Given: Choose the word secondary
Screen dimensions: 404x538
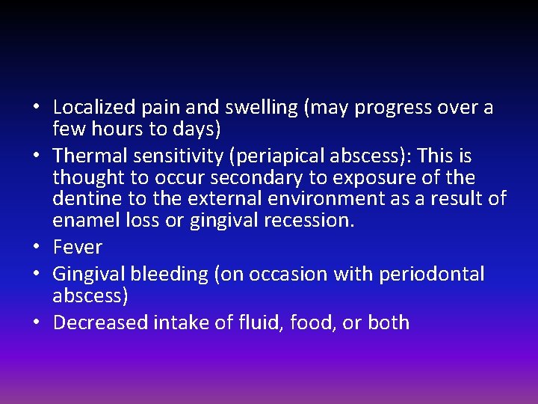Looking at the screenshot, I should point(235,177).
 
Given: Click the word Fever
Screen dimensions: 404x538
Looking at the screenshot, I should point(78,248).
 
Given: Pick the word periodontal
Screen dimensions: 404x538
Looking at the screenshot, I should point(433,275).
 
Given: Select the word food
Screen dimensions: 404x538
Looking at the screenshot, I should point(312,323).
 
